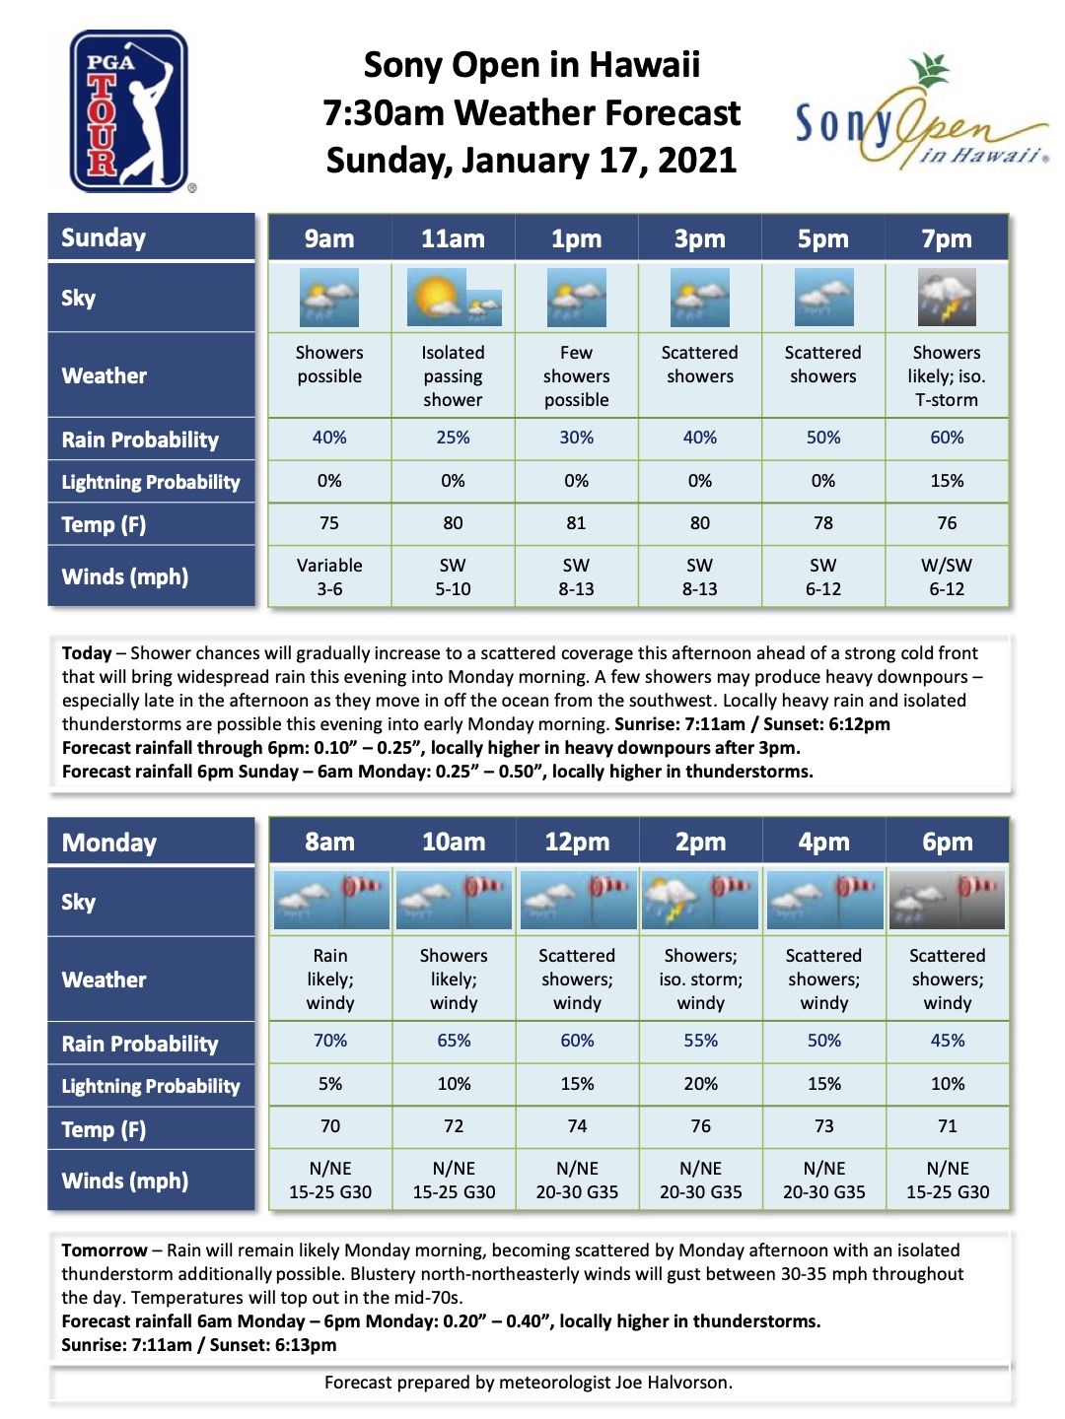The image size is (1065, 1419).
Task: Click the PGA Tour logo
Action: pos(129,111)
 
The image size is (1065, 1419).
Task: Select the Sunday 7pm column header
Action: pos(947,238)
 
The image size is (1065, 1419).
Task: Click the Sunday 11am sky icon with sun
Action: pos(454,298)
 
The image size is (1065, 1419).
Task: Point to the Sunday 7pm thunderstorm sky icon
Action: pos(947,298)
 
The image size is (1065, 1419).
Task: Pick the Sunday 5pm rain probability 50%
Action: pos(823,438)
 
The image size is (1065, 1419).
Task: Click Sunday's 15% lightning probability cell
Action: pos(947,481)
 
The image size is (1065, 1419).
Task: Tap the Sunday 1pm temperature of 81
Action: pos(576,523)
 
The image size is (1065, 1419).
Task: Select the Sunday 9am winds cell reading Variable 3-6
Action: pos(329,577)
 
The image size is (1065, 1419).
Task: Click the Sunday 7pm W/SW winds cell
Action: pos(947,577)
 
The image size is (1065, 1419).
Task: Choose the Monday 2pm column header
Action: pos(700,843)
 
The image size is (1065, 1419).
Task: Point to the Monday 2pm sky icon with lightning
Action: pos(700,900)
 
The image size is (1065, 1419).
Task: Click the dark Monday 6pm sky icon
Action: pos(947,900)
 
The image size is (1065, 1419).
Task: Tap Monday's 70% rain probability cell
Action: pos(330,1041)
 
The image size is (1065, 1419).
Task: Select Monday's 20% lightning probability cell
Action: pos(700,1084)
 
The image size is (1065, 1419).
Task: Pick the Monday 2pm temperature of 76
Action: pos(700,1126)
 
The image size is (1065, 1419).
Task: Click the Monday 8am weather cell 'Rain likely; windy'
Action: pos(330,980)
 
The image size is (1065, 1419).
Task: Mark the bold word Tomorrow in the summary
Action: pos(104,1250)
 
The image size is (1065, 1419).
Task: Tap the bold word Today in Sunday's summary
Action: pos(87,653)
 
